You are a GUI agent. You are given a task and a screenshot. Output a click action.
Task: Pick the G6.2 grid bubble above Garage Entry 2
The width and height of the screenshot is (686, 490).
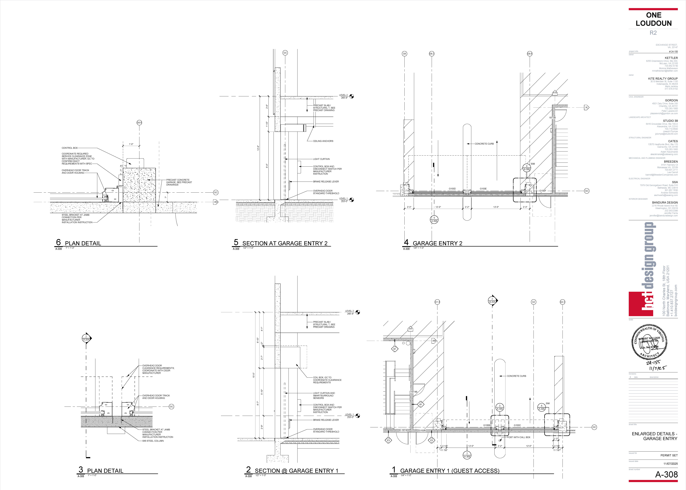coord(432,54)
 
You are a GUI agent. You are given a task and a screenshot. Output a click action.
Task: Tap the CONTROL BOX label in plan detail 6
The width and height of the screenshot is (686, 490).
coord(70,148)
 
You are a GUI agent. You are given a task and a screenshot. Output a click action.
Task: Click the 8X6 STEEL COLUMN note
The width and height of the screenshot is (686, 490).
coord(153,441)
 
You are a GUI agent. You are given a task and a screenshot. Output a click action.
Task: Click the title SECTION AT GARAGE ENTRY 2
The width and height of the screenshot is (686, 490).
coord(285,243)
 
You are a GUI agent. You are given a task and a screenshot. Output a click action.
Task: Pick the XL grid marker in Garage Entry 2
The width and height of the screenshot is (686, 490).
coord(586,107)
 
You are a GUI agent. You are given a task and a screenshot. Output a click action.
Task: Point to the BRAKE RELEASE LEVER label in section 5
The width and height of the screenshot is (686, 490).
coord(326,182)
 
